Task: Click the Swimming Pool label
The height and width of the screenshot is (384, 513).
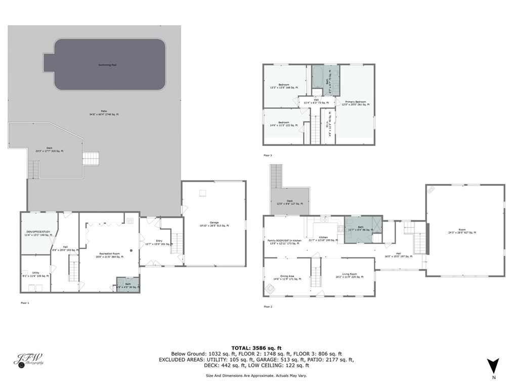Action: pos(107,65)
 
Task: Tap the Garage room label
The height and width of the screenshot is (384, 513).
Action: pos(214,224)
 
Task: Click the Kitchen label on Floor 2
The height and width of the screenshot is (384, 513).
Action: pos(323,237)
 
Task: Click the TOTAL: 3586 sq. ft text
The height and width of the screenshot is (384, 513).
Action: pos(256,348)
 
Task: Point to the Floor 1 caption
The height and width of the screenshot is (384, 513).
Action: pos(25,302)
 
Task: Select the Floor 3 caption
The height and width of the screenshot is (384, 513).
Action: pos(268,156)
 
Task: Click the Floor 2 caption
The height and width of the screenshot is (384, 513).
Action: pos(268,306)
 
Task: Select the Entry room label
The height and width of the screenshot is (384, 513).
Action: pos(159,242)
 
